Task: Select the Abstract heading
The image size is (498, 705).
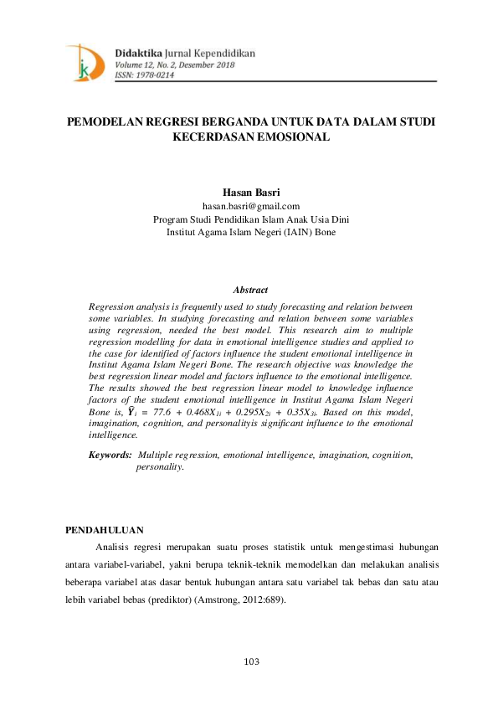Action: [x=250, y=290]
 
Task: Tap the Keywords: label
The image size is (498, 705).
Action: [x=110, y=455]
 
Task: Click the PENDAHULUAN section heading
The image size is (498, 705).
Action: [x=104, y=529]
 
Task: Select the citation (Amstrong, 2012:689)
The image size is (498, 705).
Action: [x=238, y=600]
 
